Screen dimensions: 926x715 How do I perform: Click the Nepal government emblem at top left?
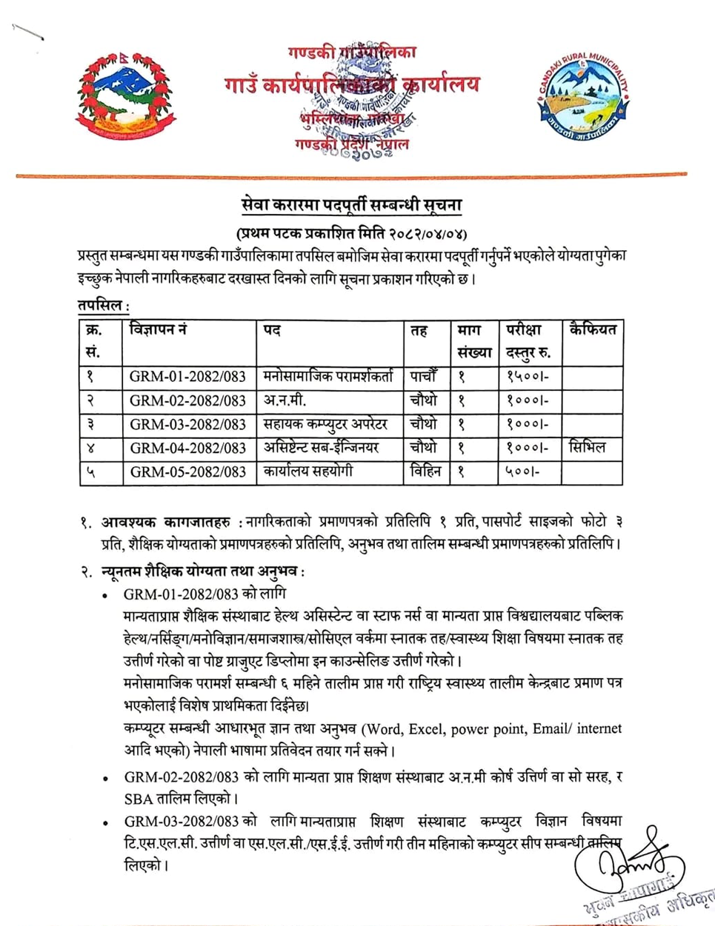click(x=125, y=95)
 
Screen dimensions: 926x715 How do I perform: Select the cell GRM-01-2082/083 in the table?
click(x=187, y=376)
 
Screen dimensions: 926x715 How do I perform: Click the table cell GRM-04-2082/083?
click(x=187, y=448)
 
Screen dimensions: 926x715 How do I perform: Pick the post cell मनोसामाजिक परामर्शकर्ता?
click(x=328, y=376)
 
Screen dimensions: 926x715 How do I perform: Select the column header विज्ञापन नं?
click(x=157, y=329)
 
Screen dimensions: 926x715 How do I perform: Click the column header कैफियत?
click(x=592, y=329)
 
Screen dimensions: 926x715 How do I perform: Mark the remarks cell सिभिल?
click(x=587, y=448)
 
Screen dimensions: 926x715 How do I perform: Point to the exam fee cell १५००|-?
click(x=527, y=376)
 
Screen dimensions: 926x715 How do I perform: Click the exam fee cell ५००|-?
click(x=522, y=472)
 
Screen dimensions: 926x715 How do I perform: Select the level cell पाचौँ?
click(x=425, y=376)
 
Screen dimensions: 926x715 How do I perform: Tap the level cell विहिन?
click(x=425, y=472)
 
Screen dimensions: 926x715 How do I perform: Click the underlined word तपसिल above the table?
click(x=101, y=305)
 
